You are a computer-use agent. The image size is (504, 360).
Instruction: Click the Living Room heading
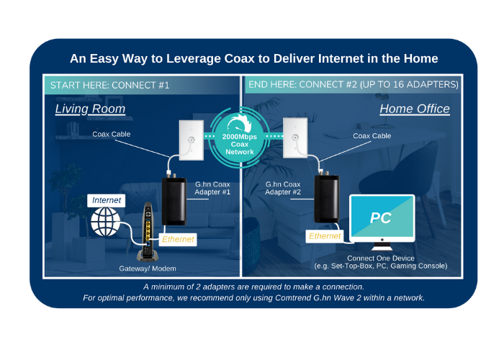point(90,109)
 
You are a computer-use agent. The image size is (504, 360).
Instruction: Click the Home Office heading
point(415,109)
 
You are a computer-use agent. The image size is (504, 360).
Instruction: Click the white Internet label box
point(107,199)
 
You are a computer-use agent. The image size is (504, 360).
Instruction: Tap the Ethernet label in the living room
point(178,239)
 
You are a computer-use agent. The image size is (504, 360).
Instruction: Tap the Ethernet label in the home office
point(325,235)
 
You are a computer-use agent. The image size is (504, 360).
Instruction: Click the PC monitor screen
point(381,217)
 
